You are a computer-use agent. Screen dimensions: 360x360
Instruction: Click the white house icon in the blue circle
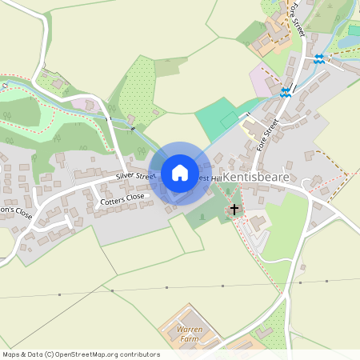pyautogui.click(x=180, y=172)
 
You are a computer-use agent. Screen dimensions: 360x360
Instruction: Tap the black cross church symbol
pyautogui.click(x=234, y=210)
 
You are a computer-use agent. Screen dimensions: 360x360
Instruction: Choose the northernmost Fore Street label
pyautogui.click(x=298, y=18)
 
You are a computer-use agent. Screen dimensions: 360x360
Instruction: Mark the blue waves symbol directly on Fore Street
pyautogui.click(x=286, y=92)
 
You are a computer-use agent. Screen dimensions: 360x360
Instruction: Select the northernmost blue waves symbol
pyautogui.click(x=319, y=58)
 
